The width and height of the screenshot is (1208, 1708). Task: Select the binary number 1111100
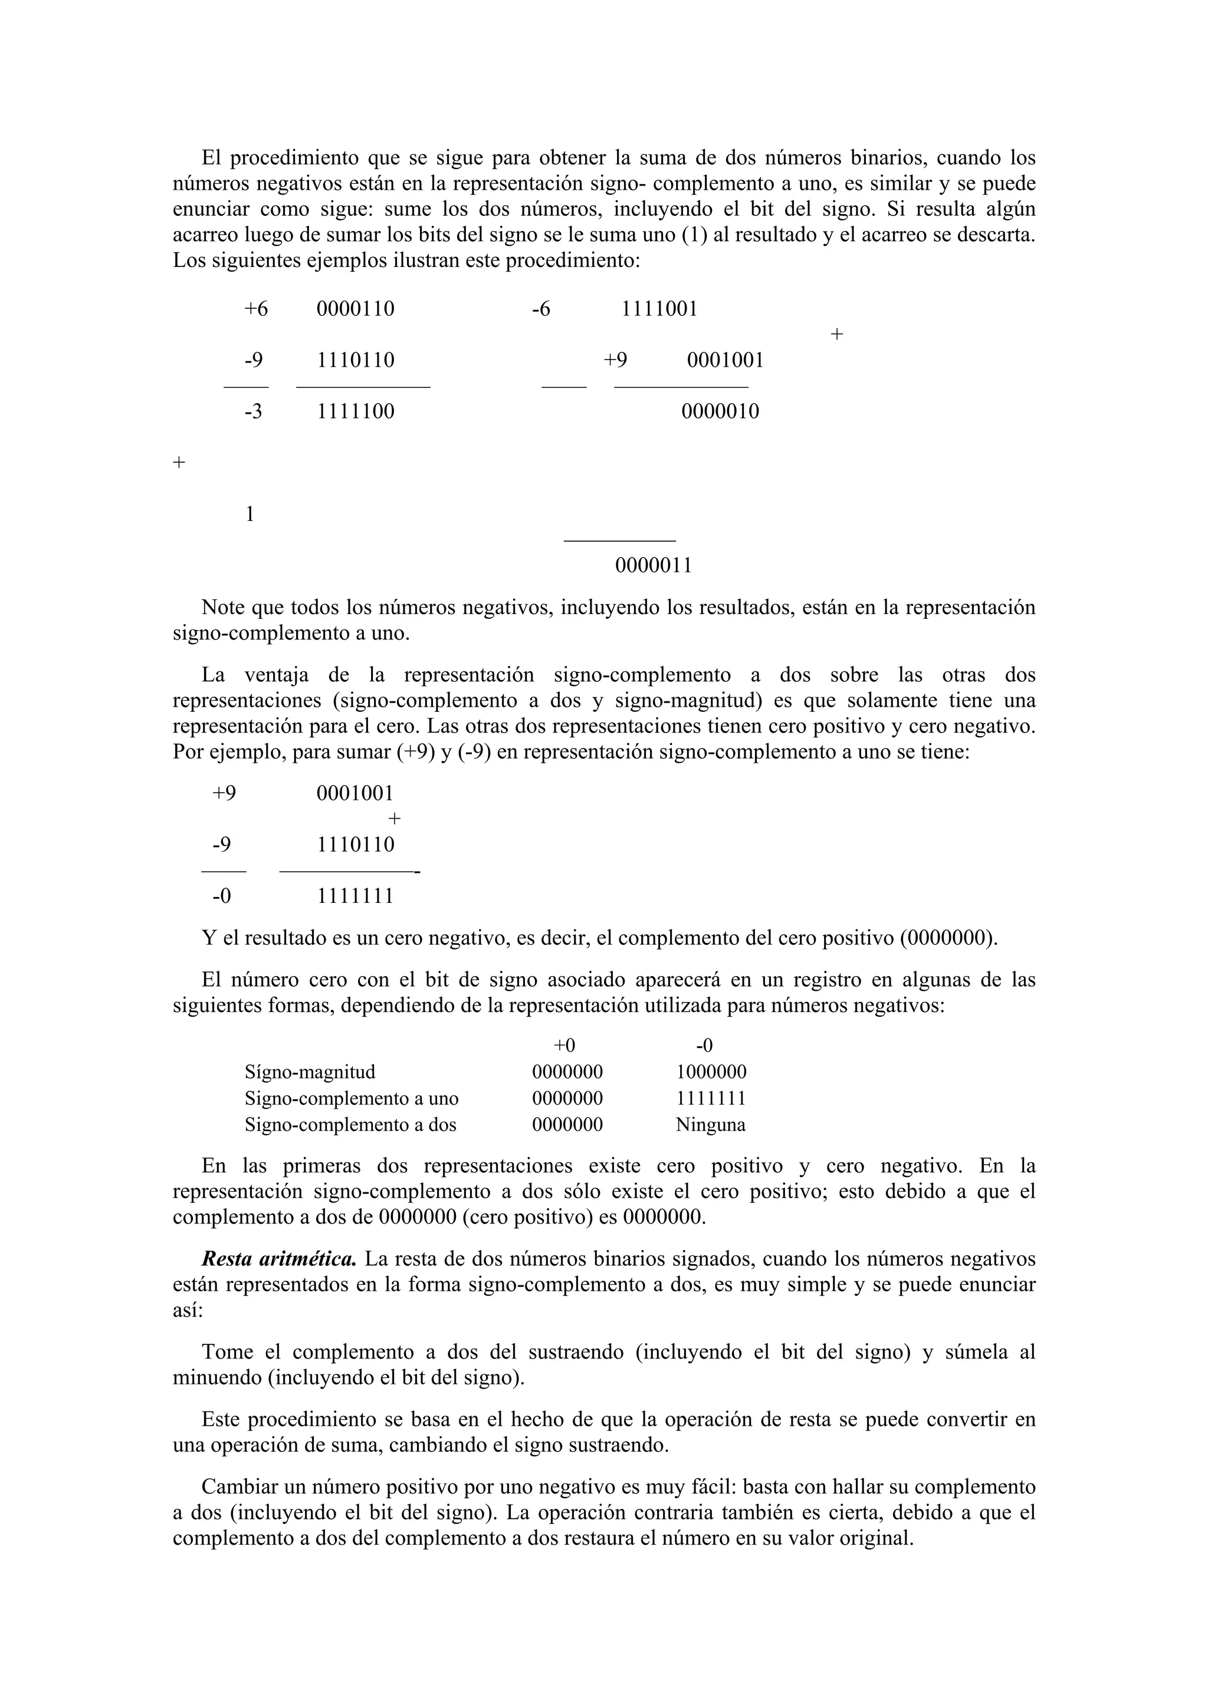click(356, 411)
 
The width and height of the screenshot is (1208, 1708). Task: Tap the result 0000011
click(654, 565)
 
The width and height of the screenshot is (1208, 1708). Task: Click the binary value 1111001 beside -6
click(659, 309)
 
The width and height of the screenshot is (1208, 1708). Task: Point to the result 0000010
click(720, 411)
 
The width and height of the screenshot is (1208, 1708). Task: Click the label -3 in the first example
click(253, 411)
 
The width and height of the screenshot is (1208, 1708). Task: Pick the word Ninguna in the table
click(710, 1125)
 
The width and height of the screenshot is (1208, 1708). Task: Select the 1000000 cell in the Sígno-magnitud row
click(711, 1072)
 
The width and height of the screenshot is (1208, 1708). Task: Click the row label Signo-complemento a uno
click(352, 1099)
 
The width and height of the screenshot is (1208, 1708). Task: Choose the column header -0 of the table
click(704, 1046)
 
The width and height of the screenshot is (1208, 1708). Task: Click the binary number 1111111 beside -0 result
click(355, 896)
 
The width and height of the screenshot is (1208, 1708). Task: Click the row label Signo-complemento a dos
click(350, 1125)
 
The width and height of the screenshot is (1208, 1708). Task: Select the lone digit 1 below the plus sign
click(250, 514)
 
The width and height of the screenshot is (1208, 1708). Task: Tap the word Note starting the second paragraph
click(224, 608)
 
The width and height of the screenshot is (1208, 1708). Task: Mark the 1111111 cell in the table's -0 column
click(711, 1099)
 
